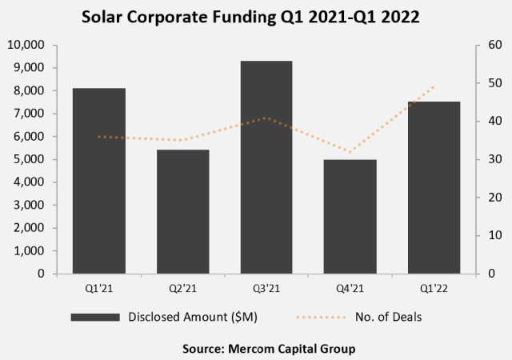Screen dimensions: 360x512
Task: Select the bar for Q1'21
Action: coord(99,181)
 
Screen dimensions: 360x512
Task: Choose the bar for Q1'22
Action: coord(434,187)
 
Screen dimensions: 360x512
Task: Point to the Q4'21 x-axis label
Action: coord(350,288)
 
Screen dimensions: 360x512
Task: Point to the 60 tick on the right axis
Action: coord(485,46)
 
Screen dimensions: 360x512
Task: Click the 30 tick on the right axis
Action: coord(485,159)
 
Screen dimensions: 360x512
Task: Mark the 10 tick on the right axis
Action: coord(485,235)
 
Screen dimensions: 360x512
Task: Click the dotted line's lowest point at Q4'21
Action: coord(350,151)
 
